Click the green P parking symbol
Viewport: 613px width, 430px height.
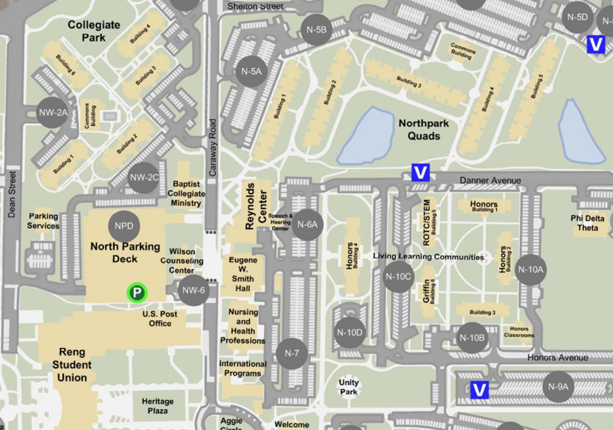click(x=137, y=293)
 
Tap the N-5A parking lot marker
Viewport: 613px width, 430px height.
click(x=251, y=71)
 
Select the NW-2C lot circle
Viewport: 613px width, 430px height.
click(x=144, y=177)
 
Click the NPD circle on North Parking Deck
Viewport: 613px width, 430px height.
click(x=124, y=226)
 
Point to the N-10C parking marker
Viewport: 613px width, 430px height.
click(x=398, y=277)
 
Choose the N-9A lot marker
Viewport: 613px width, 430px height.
click(x=558, y=387)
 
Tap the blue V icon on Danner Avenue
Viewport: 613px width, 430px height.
click(x=420, y=173)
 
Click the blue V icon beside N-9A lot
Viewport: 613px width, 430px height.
click(x=479, y=390)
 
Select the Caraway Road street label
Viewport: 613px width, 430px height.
click(x=213, y=148)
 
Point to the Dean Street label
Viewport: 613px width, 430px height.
click(x=12, y=194)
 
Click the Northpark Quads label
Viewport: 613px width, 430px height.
click(x=423, y=130)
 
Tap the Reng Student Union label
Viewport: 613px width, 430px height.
click(x=72, y=365)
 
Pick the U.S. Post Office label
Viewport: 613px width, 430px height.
click(x=160, y=319)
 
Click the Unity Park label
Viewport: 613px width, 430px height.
click(x=349, y=387)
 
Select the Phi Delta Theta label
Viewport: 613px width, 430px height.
click(x=587, y=223)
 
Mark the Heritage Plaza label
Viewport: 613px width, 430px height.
click(x=158, y=406)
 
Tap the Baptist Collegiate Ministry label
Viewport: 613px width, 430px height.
click(x=186, y=194)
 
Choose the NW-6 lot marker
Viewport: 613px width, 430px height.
click(x=194, y=290)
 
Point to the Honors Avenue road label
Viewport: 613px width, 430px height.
click(x=557, y=358)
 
